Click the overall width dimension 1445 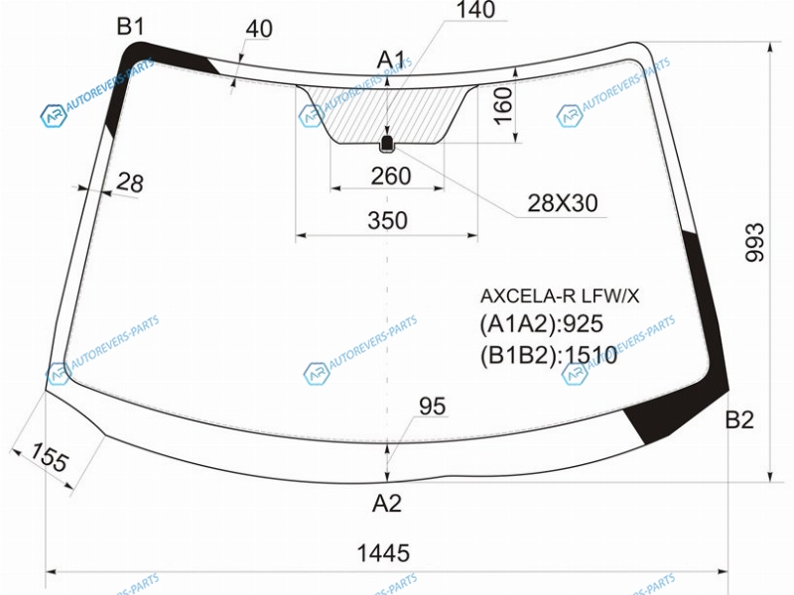(383, 553)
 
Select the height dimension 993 (754, 242)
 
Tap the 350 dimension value (387, 220)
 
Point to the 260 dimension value (390, 177)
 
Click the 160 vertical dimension (503, 106)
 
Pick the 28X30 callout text (563, 203)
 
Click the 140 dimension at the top (475, 10)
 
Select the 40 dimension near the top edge (259, 29)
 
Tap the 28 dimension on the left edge (130, 182)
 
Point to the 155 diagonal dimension (49, 456)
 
